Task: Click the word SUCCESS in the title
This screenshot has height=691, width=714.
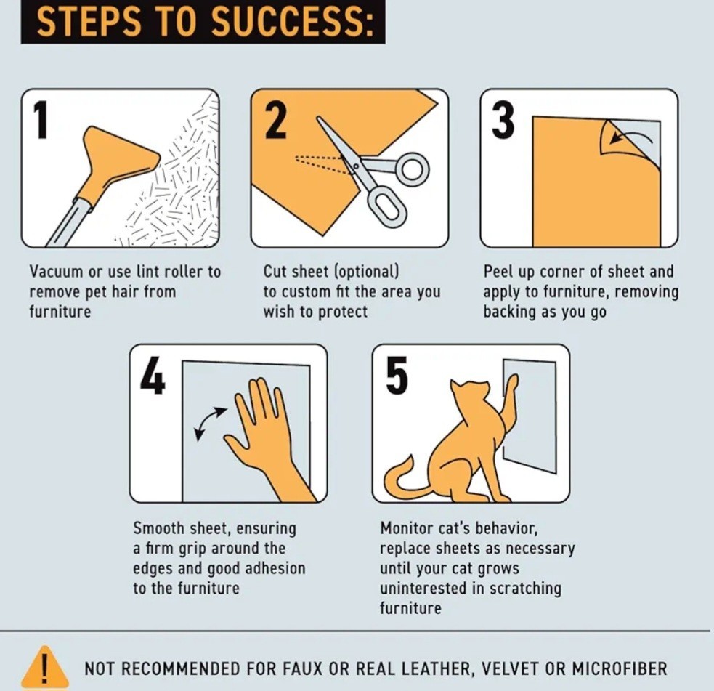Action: coord(292,21)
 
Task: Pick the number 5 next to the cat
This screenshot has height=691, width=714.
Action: coord(396,376)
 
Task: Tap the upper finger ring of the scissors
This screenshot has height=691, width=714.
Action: coord(413,167)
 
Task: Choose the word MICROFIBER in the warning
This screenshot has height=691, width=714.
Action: coord(620,668)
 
